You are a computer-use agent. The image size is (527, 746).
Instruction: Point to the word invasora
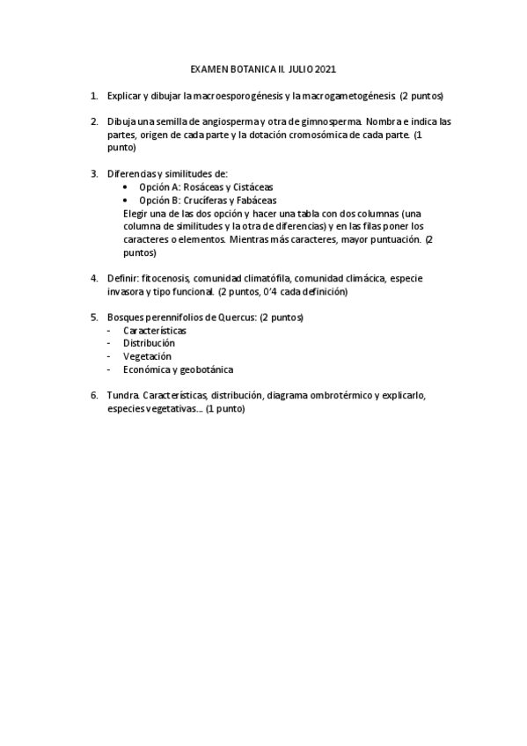click(126, 292)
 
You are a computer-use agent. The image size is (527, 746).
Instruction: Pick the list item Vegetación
click(147, 357)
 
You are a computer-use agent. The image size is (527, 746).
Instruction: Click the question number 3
click(94, 174)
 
